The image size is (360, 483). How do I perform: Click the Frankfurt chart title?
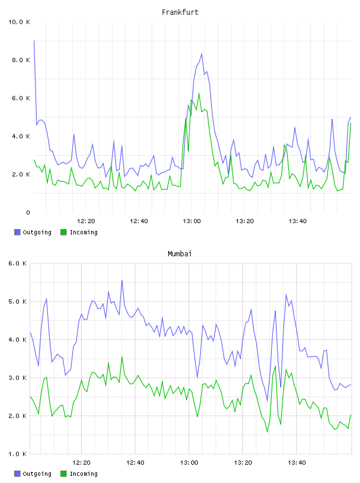coord(180,12)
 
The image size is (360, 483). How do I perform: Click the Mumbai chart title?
coord(179,254)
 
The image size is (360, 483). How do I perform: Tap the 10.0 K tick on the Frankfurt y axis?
coord(19,22)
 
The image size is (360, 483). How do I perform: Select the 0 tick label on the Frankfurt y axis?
coord(28,212)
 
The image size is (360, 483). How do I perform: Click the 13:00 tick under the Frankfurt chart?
coord(192,221)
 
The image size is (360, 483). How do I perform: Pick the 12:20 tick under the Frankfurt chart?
coord(86,221)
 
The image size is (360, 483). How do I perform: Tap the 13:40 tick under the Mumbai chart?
coord(297,463)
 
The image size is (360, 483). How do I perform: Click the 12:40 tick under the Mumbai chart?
coord(135,463)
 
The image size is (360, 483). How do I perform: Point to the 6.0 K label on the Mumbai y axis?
coord(17,263)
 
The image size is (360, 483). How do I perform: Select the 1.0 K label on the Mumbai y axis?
coord(17,454)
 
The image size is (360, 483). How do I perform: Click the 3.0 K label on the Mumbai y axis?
coord(17,378)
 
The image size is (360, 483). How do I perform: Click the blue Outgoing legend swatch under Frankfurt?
coord(17,232)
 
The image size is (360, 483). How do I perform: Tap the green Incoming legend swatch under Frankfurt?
coord(63,232)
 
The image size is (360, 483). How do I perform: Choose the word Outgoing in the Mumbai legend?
coord(37,474)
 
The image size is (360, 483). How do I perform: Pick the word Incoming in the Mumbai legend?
coord(83,474)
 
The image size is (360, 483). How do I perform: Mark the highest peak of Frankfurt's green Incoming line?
coord(199,93)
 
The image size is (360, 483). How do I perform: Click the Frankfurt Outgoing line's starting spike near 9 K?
coord(34,41)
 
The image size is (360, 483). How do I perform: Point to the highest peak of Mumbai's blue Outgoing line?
coord(122,281)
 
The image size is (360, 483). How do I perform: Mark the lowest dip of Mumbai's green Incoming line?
coord(267,432)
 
